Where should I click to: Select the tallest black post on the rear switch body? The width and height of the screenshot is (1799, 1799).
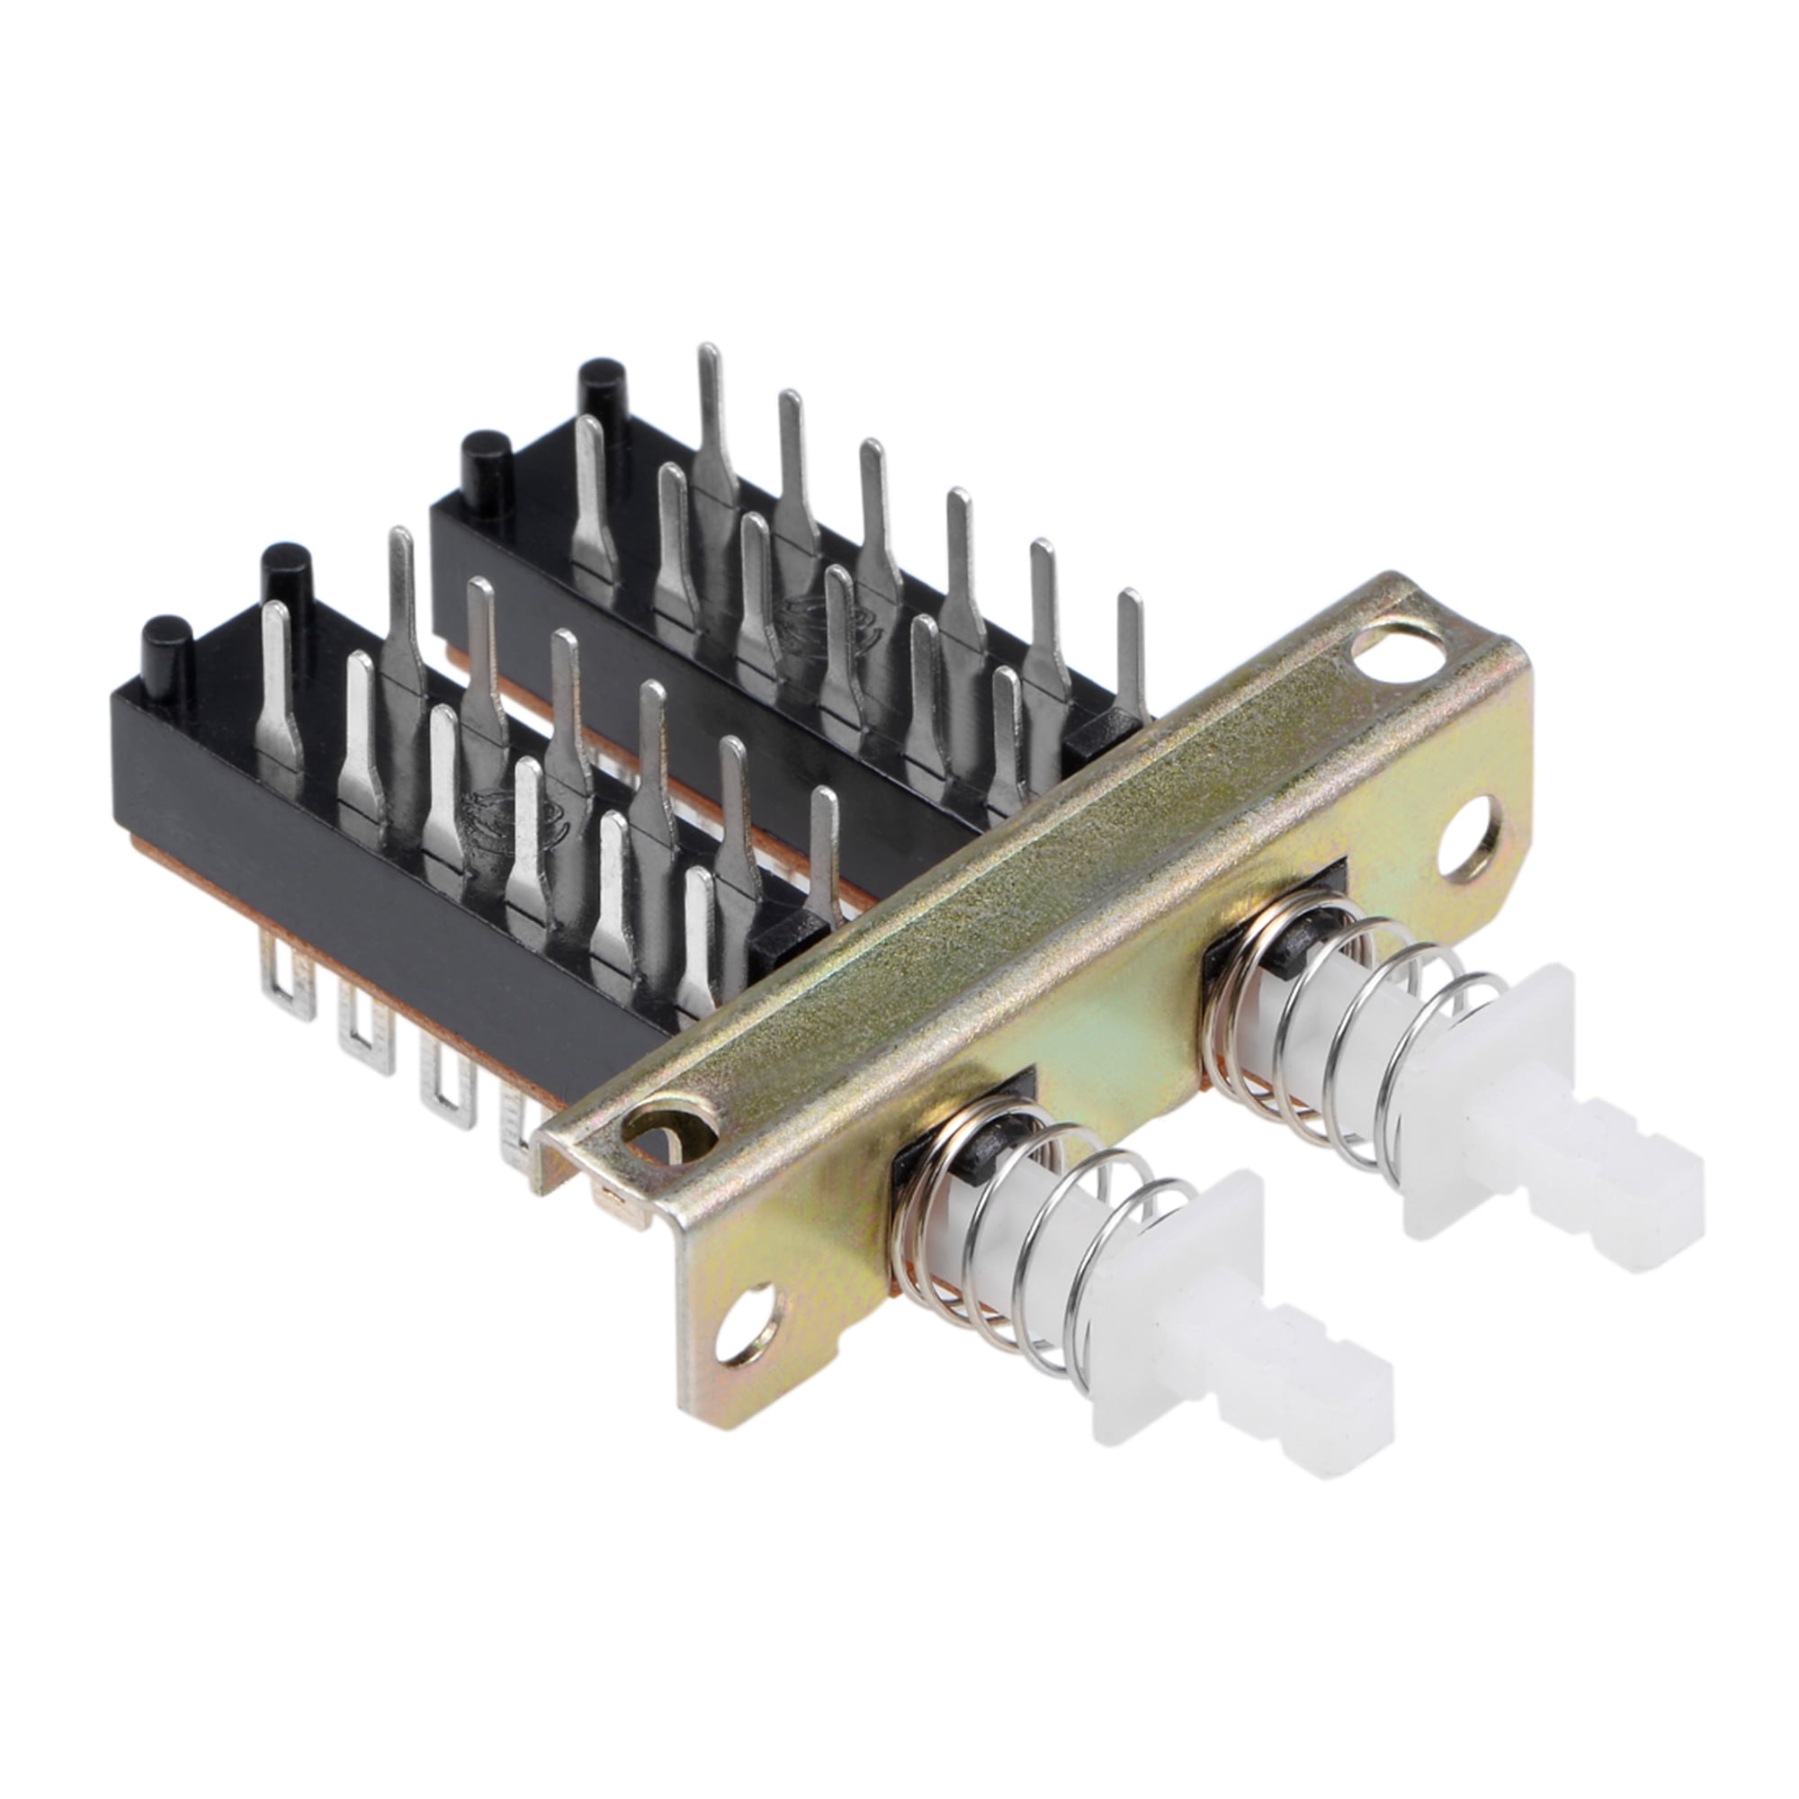pos(602,391)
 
